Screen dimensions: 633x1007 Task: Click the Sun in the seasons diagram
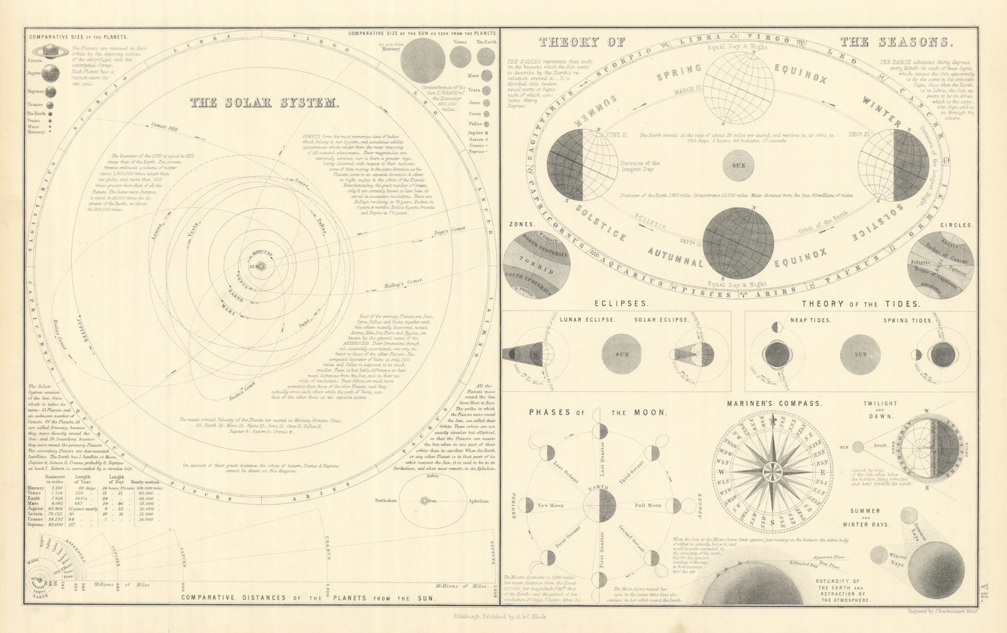pyautogui.click(x=739, y=165)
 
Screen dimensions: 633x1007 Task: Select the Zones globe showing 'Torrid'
pyautogui.click(x=546, y=265)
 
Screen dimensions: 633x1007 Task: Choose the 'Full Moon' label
pyautogui.click(x=648, y=505)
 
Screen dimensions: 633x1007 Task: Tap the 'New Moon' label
pyautogui.click(x=551, y=505)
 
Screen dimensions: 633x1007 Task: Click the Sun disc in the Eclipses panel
pyautogui.click(x=622, y=354)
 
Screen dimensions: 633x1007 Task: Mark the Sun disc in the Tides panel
pyautogui.click(x=861, y=354)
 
